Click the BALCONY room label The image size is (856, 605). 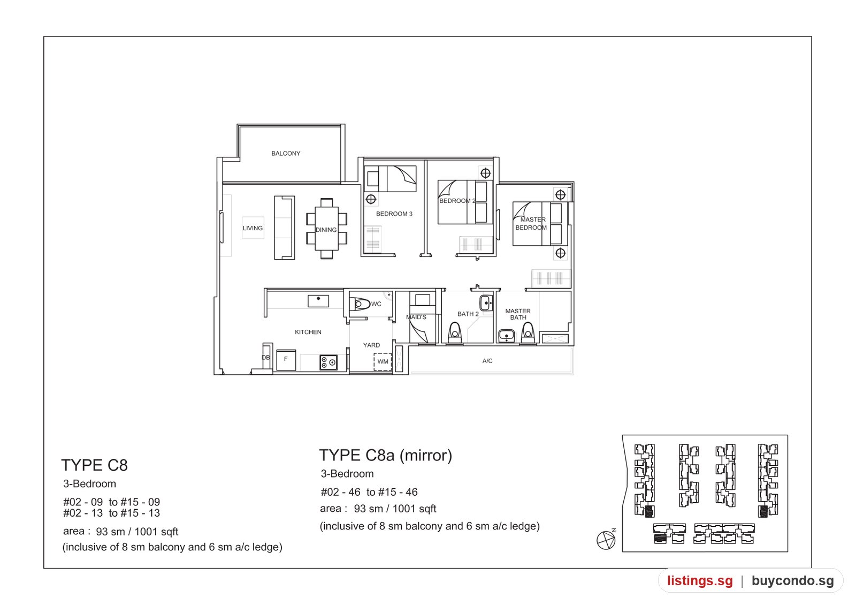(x=286, y=153)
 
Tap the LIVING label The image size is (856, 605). (x=253, y=228)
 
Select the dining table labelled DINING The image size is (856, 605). (x=326, y=229)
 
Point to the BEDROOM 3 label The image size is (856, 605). (x=394, y=214)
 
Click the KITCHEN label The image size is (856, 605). (x=308, y=332)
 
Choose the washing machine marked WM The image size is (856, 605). (x=383, y=361)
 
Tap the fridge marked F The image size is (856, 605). (x=286, y=360)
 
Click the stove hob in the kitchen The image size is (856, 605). (x=328, y=362)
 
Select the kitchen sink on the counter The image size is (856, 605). (x=318, y=301)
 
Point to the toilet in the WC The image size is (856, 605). (x=360, y=304)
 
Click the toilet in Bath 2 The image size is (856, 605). (x=455, y=332)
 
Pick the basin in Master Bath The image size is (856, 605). (x=507, y=336)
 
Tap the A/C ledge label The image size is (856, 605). (x=487, y=361)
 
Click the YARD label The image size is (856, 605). (x=371, y=345)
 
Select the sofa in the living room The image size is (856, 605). (x=285, y=228)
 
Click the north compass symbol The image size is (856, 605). (x=606, y=540)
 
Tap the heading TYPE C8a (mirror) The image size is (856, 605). (x=386, y=455)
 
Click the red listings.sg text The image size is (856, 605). (x=700, y=581)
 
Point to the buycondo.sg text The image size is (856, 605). (x=793, y=581)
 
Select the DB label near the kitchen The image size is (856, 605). (x=265, y=358)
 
